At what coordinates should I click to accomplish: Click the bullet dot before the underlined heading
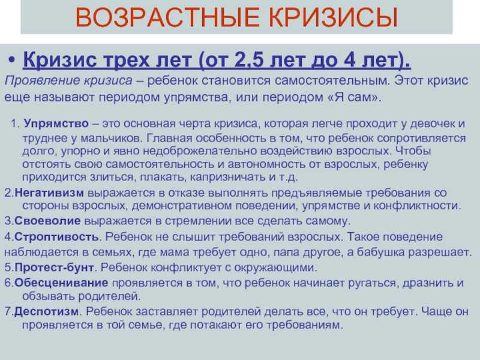click(11, 59)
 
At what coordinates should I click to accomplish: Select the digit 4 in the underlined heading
click(349, 59)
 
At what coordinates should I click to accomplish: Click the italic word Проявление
click(42, 81)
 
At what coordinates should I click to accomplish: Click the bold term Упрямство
click(56, 124)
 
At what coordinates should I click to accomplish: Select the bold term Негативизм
click(49, 193)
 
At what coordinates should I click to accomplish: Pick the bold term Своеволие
click(47, 221)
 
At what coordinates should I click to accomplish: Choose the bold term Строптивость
click(56, 236)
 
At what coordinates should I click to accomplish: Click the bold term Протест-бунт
click(54, 267)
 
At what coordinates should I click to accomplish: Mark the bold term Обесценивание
click(61, 283)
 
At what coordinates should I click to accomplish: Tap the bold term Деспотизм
click(47, 311)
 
